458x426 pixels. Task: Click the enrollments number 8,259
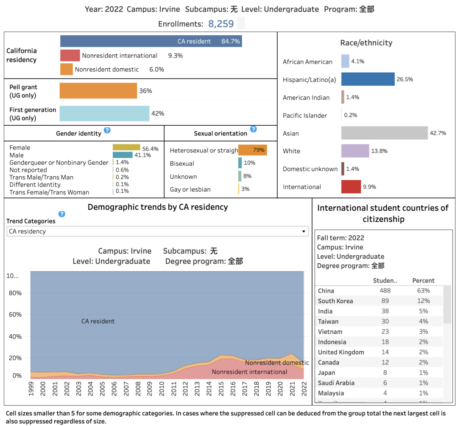coord(221,24)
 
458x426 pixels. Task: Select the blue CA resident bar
coord(151,41)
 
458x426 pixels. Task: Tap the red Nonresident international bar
coord(70,56)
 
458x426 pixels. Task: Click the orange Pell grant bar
coord(98,91)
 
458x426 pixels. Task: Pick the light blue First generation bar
coord(104,113)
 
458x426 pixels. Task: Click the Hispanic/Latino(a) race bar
coord(368,79)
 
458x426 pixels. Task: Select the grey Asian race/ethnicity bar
coord(384,133)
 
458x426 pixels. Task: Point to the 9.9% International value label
coord(369,187)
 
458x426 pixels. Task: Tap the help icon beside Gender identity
coord(107,130)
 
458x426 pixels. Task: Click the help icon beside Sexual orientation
coord(253,129)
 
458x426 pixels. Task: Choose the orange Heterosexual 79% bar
coord(252,150)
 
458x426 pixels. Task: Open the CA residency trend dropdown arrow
coord(304,231)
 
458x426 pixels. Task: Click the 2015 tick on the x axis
coord(221,387)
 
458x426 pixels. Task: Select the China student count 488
coord(385,291)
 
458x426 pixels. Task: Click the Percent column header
coord(423,281)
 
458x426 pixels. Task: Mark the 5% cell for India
coord(423,311)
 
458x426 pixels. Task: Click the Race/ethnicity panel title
coord(366,43)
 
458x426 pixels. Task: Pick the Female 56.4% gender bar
coord(126,147)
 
